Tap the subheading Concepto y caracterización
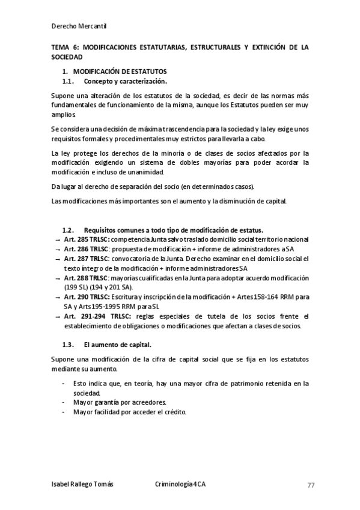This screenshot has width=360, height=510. pos(125,81)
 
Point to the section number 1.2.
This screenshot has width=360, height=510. pos(68,230)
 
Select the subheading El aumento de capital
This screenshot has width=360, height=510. pos(118,345)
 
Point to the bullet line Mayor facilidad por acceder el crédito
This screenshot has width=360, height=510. pos(130,412)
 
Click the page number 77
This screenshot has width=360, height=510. pos(311,485)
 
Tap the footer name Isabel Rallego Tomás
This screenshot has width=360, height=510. pos(82,485)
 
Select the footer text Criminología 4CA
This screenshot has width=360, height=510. pos(180,485)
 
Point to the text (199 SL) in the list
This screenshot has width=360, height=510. pos(77,287)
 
